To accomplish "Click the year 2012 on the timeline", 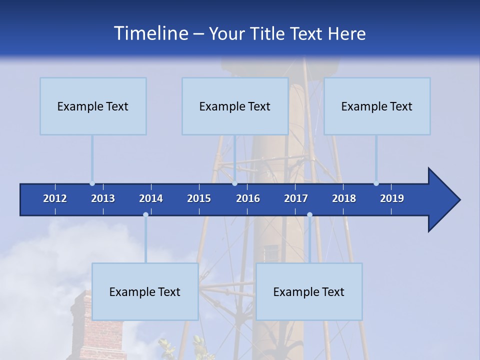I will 55,198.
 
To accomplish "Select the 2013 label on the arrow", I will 103,198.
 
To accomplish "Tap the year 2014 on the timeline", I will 151,198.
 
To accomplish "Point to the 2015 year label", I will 199,198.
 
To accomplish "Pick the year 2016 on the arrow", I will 248,198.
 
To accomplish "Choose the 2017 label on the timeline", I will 296,198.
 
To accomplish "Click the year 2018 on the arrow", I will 344,198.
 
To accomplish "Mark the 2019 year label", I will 392,198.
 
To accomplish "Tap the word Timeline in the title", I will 150,33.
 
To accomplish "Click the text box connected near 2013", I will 93,106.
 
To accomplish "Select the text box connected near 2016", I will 235,106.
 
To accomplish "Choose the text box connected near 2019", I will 377,106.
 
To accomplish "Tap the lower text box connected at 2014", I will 145,291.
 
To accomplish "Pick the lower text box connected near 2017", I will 309,291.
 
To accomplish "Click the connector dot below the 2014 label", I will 145,214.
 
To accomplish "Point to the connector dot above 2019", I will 376,183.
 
